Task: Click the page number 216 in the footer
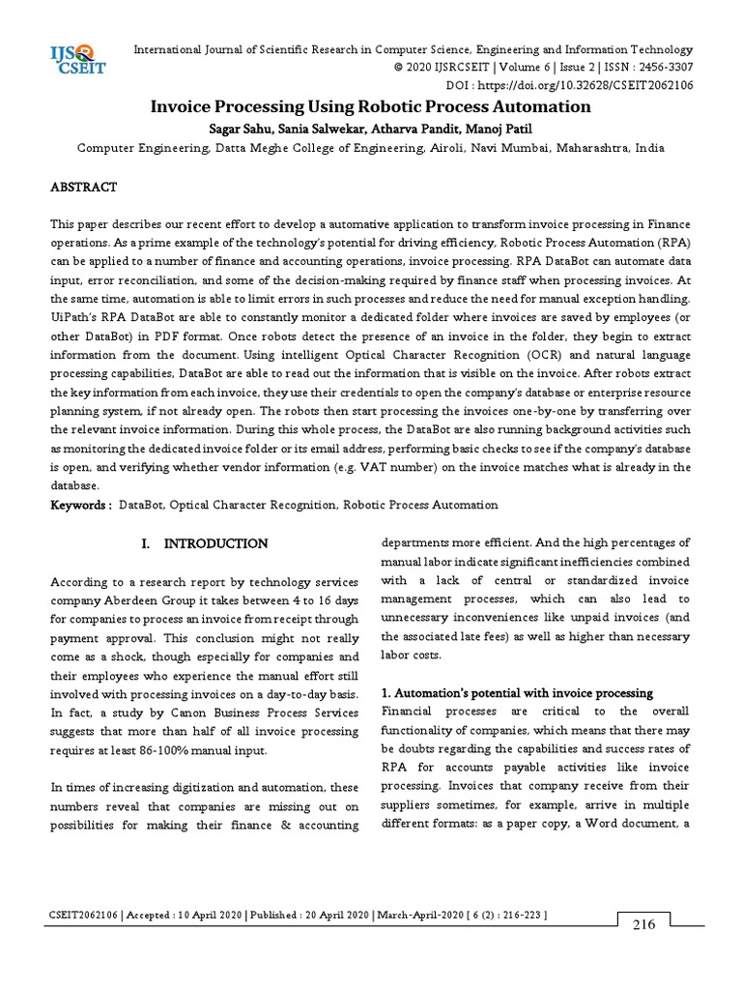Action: [x=643, y=924]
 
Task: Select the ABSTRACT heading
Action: [x=83, y=187]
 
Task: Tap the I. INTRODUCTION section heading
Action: [x=204, y=544]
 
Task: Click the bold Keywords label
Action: [x=80, y=505]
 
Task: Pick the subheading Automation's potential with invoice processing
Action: [x=518, y=693]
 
